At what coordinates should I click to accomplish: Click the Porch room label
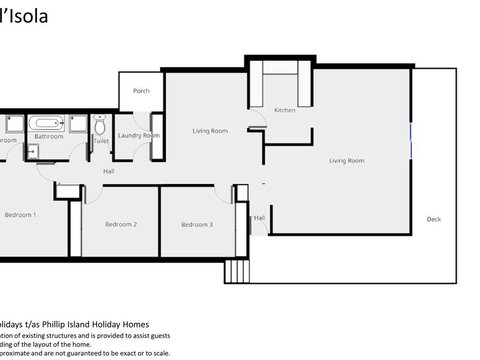[141, 91]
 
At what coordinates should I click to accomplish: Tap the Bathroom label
[48, 137]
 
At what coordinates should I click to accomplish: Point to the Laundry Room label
[138, 135]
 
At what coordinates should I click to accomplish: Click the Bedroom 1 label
[19, 214]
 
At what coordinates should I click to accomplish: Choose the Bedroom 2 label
[121, 224]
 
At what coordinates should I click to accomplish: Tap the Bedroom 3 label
[196, 224]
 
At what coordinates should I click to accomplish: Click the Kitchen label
[285, 110]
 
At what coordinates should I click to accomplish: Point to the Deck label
[433, 219]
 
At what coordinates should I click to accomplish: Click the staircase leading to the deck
[237, 270]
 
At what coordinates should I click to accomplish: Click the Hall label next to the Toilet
[108, 171]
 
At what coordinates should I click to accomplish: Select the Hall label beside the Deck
[259, 217]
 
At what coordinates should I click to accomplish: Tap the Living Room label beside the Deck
[346, 160]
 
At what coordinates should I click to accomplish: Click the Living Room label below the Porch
[210, 131]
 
